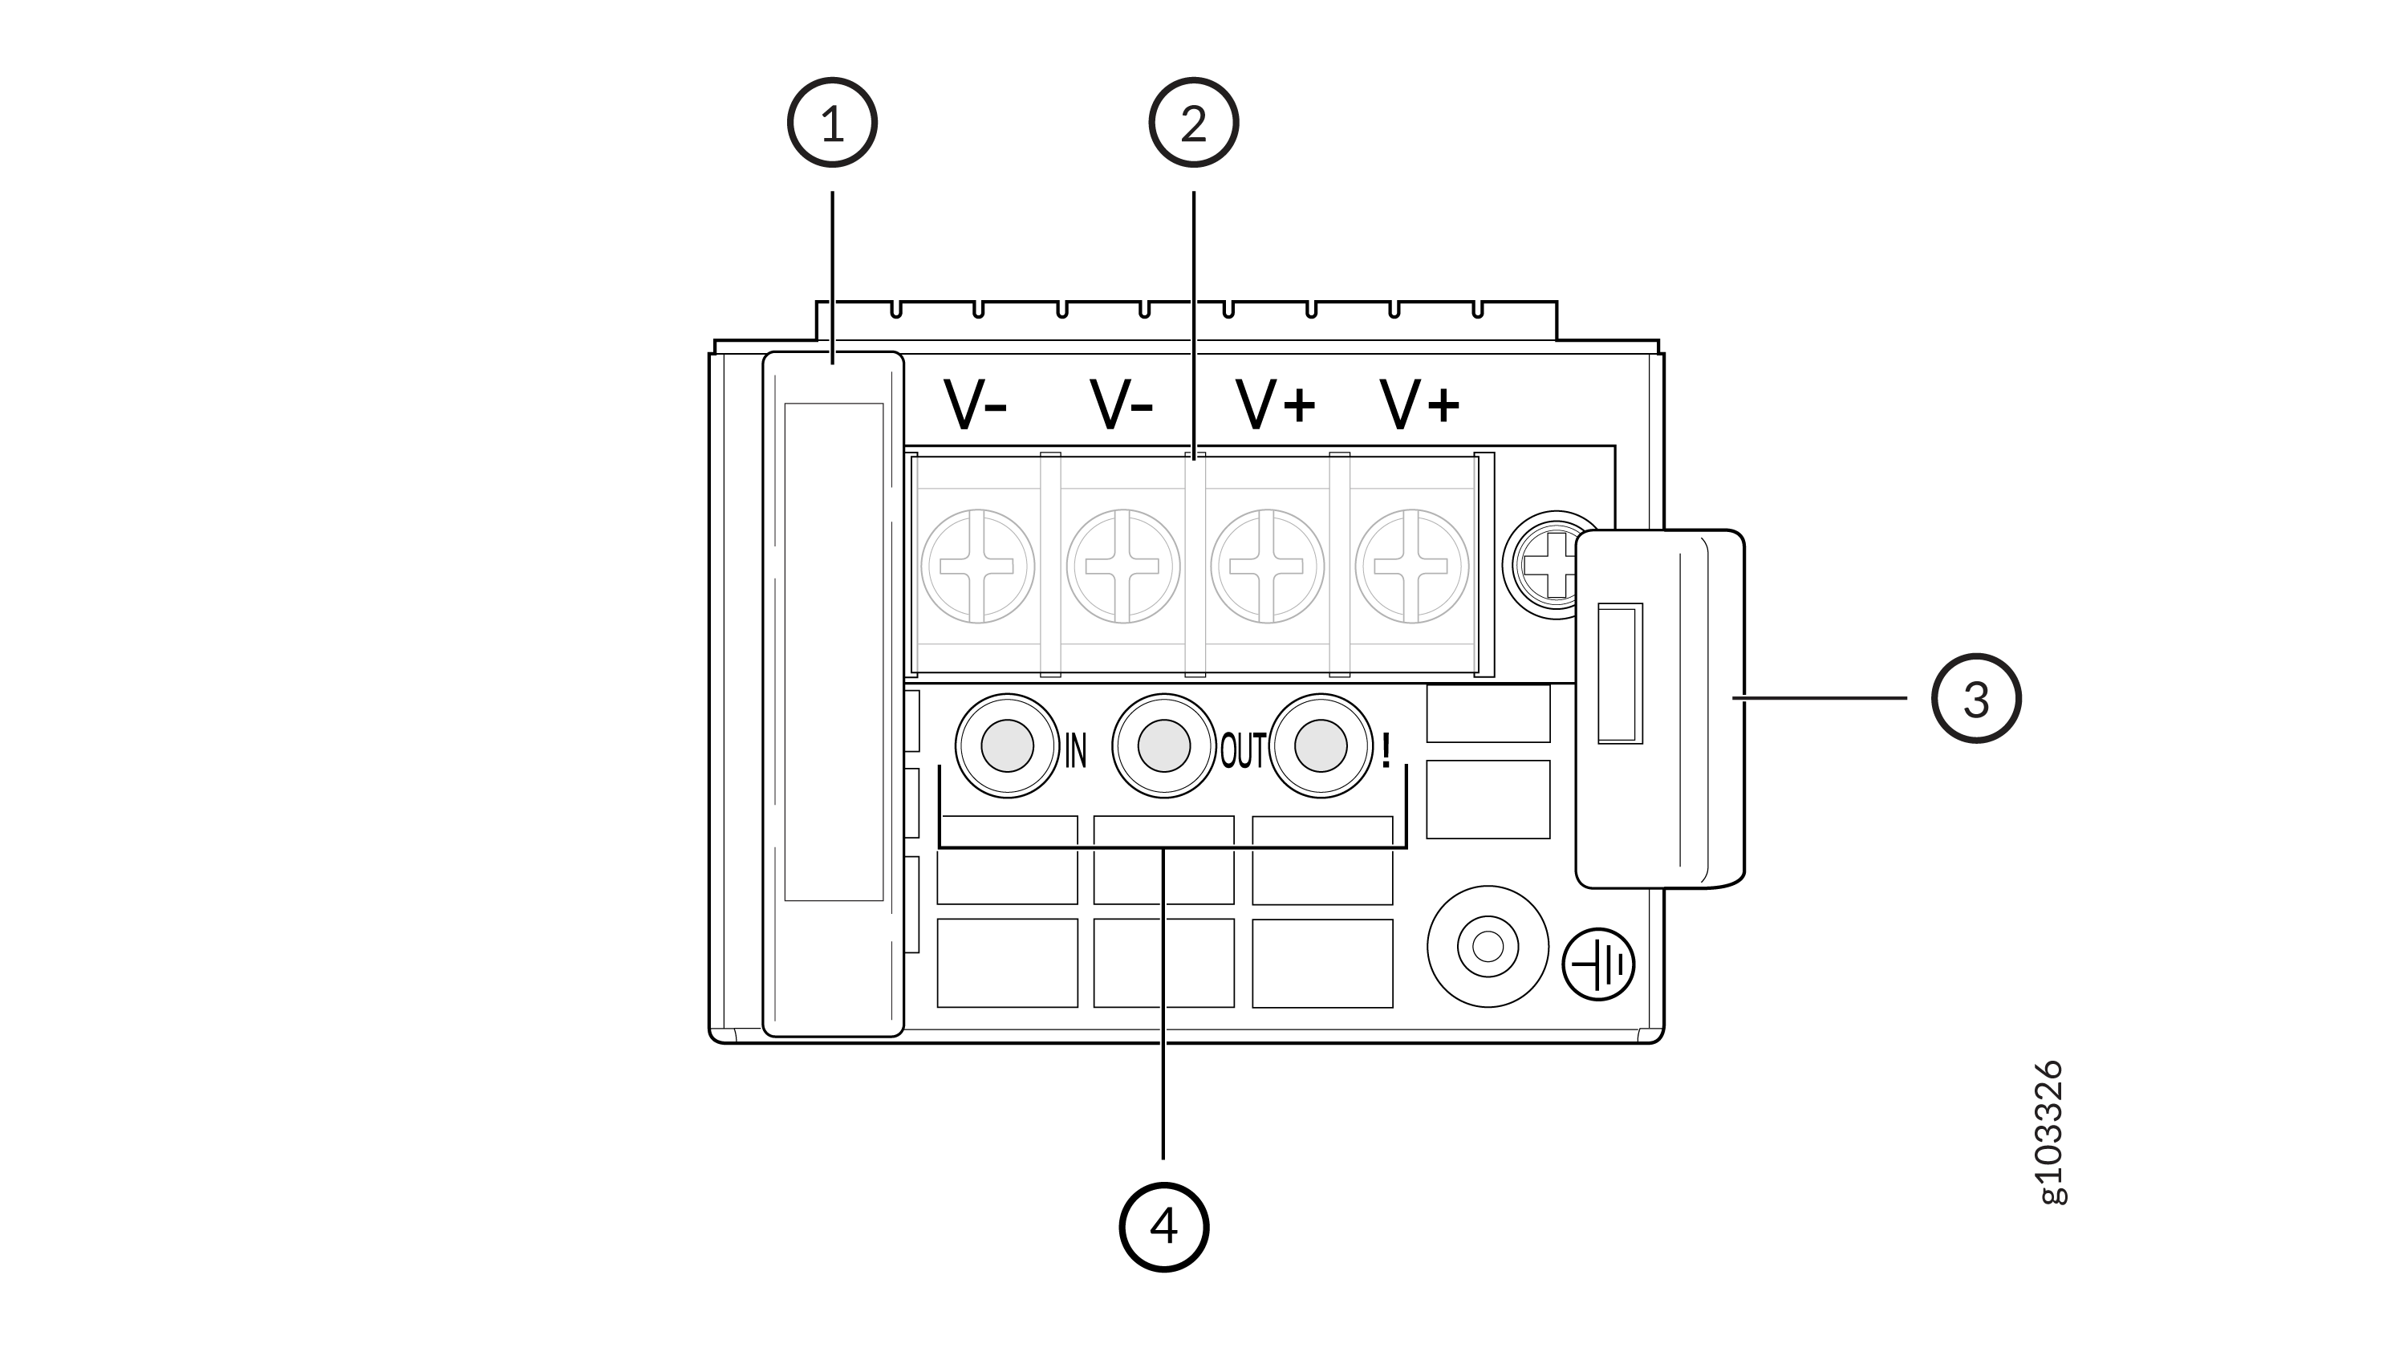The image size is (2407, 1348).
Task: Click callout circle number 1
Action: pyautogui.click(x=831, y=123)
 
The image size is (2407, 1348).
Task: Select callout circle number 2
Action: pyautogui.click(x=1193, y=123)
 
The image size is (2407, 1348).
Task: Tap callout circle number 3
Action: pyautogui.click(x=1975, y=699)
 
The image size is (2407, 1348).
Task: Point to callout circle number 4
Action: pyautogui.click(x=1163, y=1227)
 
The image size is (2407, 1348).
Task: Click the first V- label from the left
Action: pyautogui.click(x=975, y=404)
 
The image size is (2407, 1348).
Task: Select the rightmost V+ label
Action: pyautogui.click(x=1419, y=404)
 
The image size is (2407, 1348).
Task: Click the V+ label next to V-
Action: pyautogui.click(x=1276, y=404)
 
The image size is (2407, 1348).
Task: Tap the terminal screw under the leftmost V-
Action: pyautogui.click(x=977, y=566)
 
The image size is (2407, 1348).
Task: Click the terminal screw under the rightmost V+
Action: pyautogui.click(x=1412, y=566)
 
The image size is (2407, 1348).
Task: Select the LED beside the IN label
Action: pyautogui.click(x=1007, y=745)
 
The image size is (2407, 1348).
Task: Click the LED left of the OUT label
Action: pyautogui.click(x=1163, y=745)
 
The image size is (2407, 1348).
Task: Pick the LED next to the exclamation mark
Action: pyautogui.click(x=1321, y=745)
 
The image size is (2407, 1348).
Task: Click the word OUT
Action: pyautogui.click(x=1243, y=750)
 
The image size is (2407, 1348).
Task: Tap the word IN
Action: pyautogui.click(x=1077, y=750)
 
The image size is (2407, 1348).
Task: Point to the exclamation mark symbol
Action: pyautogui.click(x=1386, y=750)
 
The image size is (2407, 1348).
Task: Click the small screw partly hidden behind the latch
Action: pyautogui.click(x=1544, y=564)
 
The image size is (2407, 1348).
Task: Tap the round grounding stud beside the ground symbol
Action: pyautogui.click(x=1488, y=946)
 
